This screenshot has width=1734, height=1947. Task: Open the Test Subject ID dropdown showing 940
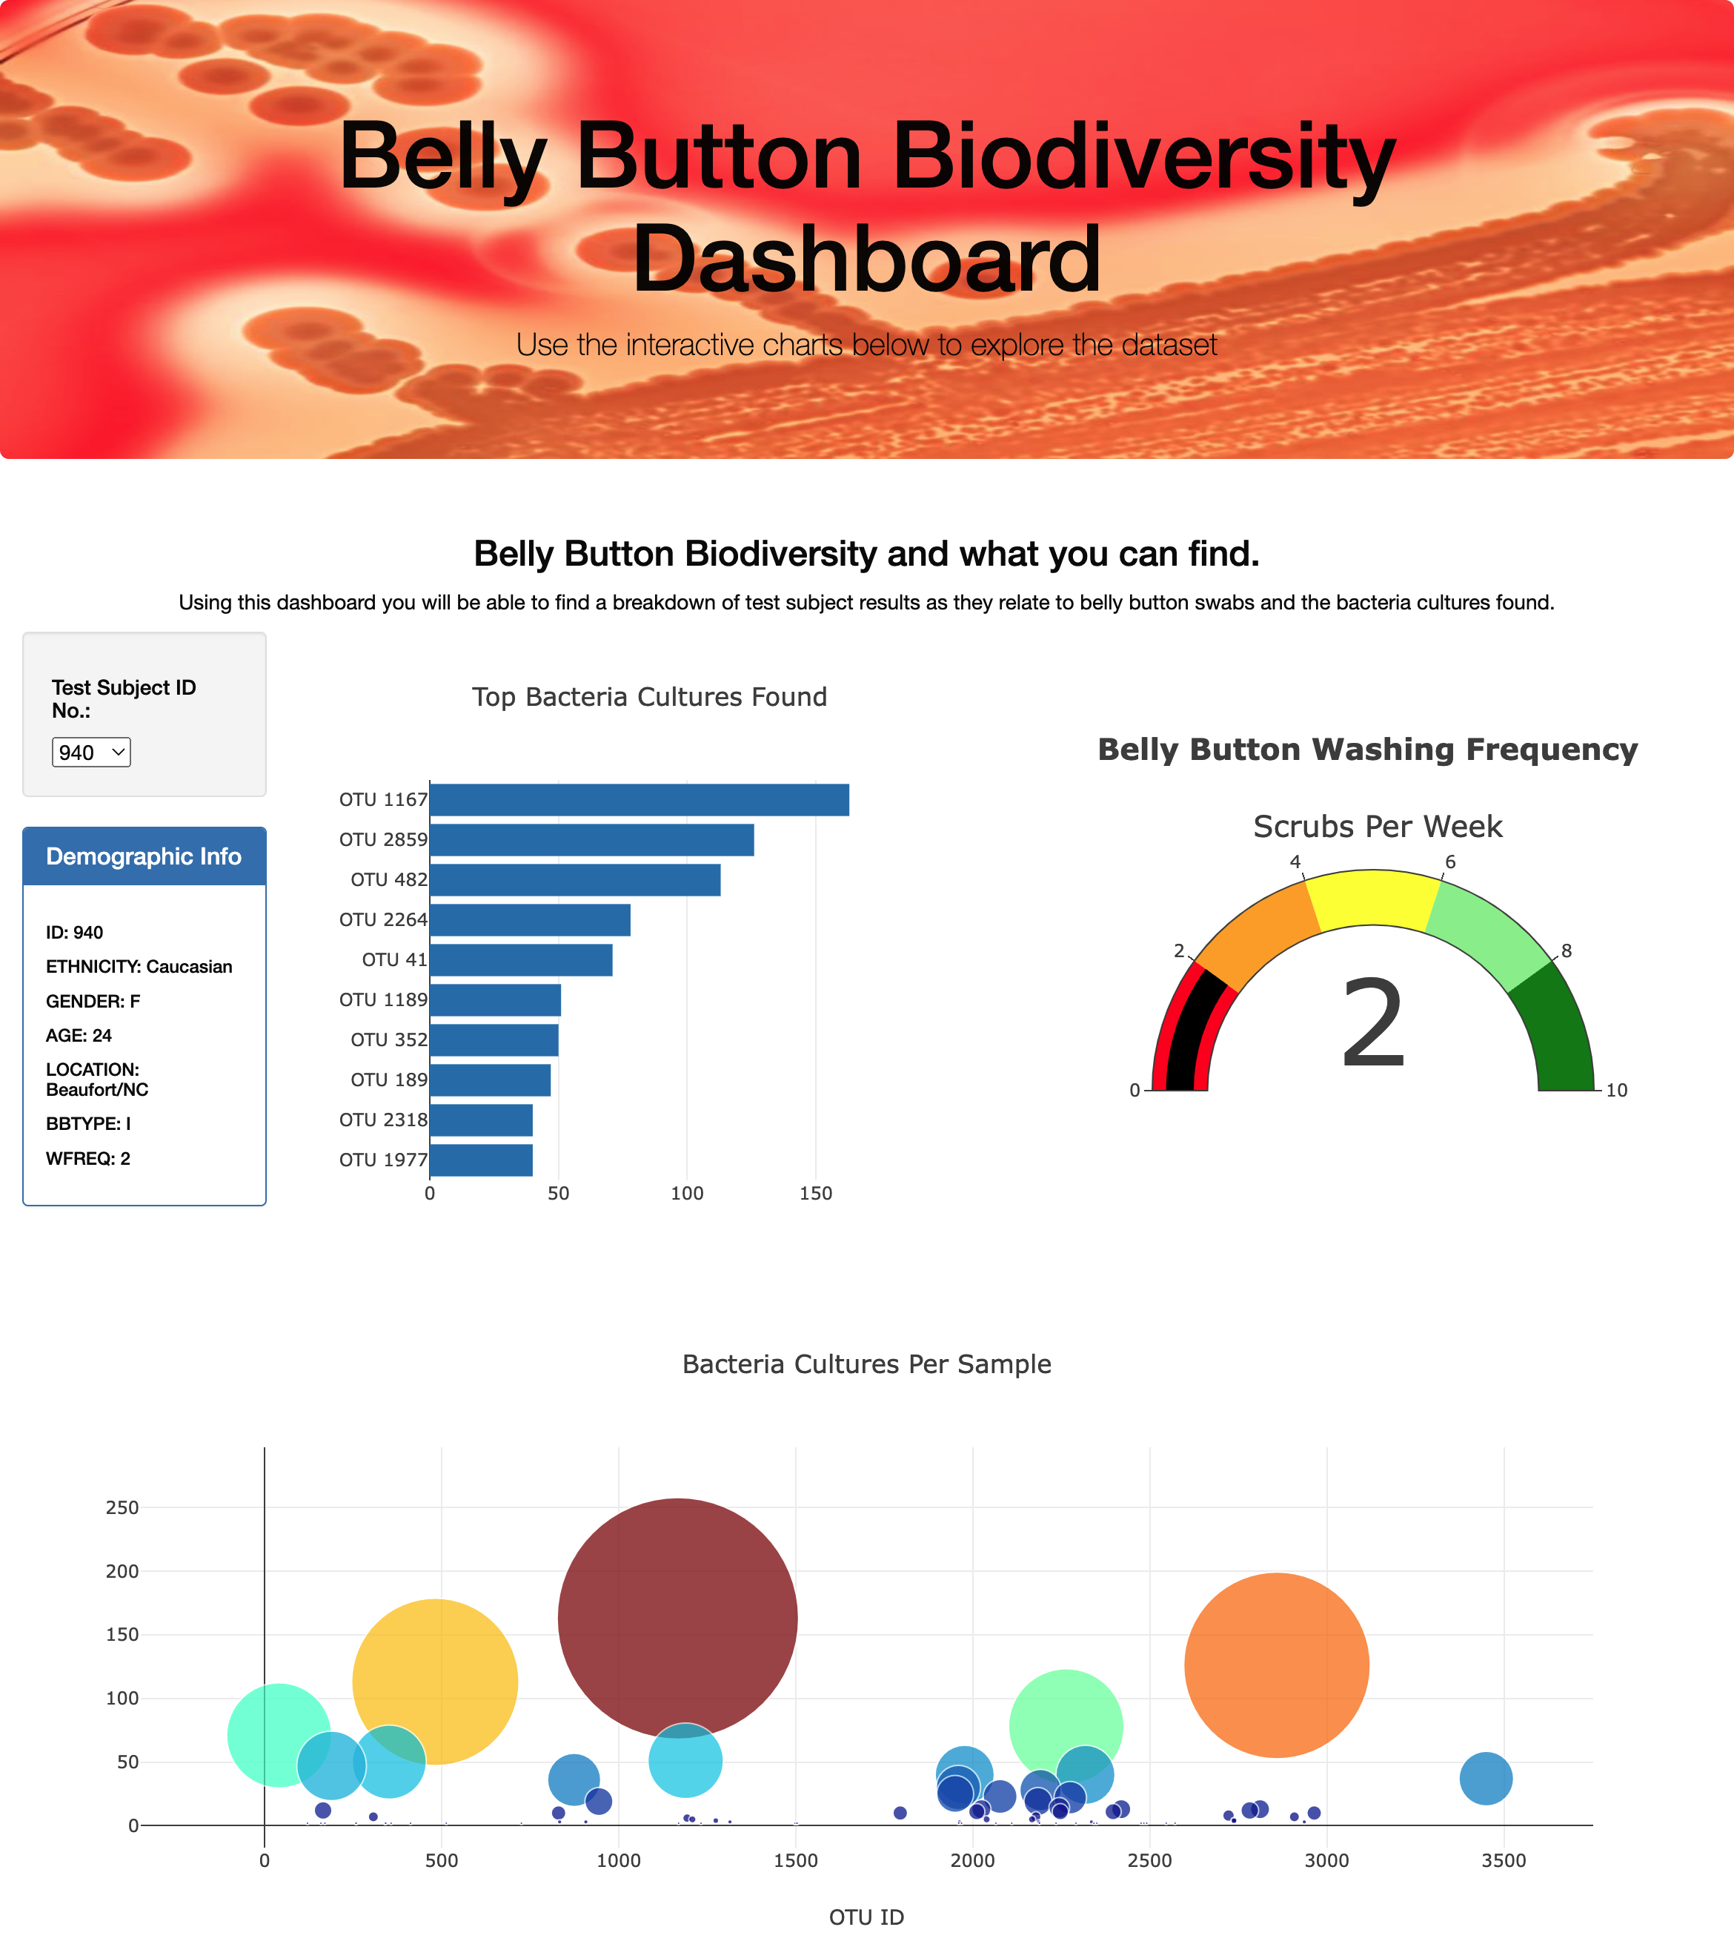pos(90,752)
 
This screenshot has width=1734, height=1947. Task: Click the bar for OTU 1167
pos(638,799)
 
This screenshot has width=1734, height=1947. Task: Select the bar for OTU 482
pos(574,879)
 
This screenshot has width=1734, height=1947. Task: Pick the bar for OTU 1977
pos(481,1160)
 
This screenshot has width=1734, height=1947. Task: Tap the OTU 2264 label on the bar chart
pos(383,919)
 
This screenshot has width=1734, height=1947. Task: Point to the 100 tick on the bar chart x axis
pos(686,1193)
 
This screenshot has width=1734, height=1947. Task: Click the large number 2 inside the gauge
pos(1372,1025)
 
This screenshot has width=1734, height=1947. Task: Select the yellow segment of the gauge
pos(1372,897)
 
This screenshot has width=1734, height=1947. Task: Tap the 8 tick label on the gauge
pos(1567,951)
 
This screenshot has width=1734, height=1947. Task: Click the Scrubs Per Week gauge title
pos(1377,826)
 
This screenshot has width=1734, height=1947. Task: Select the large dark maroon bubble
pos(677,1617)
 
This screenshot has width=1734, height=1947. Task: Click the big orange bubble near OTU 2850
pos(1277,1665)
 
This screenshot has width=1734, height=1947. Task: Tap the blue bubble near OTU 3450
pos(1485,1778)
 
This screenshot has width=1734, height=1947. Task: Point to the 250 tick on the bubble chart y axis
pos(122,1507)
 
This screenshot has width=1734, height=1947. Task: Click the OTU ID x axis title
pos(866,1917)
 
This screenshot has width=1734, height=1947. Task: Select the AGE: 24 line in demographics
pos(79,1035)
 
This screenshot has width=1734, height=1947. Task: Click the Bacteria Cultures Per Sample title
pos(866,1363)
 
